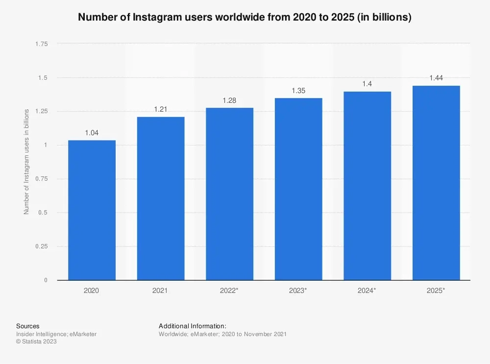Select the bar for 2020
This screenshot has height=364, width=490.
[x=92, y=210]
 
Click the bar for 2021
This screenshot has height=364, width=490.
[x=161, y=198]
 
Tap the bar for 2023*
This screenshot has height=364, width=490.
[x=298, y=189]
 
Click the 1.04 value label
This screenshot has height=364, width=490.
[x=92, y=132]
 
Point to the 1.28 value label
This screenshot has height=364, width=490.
[x=229, y=100]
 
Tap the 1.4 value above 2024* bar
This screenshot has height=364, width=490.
[x=367, y=84]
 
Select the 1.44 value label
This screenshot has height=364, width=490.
[x=436, y=78]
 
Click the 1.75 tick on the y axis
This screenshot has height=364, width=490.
[x=41, y=44]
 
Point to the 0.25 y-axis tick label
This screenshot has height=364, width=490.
[x=41, y=246]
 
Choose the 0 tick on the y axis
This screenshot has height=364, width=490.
[x=46, y=280]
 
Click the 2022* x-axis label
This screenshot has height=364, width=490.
[x=229, y=291]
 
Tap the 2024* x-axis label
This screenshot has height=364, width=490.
[x=367, y=291]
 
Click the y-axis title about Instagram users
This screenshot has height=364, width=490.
[x=27, y=162]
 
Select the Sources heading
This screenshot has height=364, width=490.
[x=28, y=326]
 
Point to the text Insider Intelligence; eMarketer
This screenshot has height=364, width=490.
[x=56, y=334]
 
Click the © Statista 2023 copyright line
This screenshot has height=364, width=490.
[x=37, y=342]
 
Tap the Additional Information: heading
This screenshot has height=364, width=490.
[x=193, y=326]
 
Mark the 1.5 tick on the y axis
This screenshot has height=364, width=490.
[x=43, y=78]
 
